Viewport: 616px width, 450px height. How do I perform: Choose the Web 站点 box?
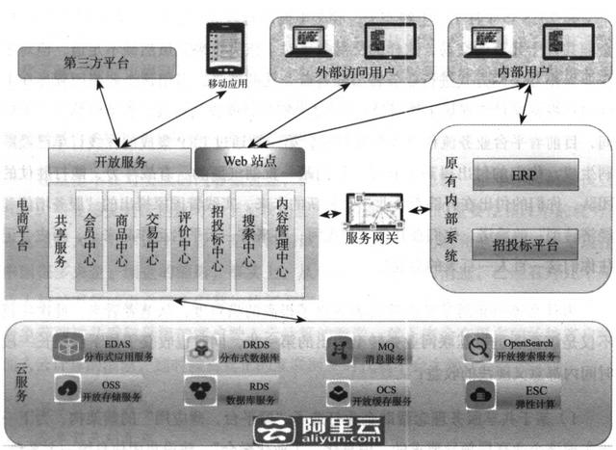(249, 161)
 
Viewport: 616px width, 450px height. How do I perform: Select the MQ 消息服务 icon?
(339, 348)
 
